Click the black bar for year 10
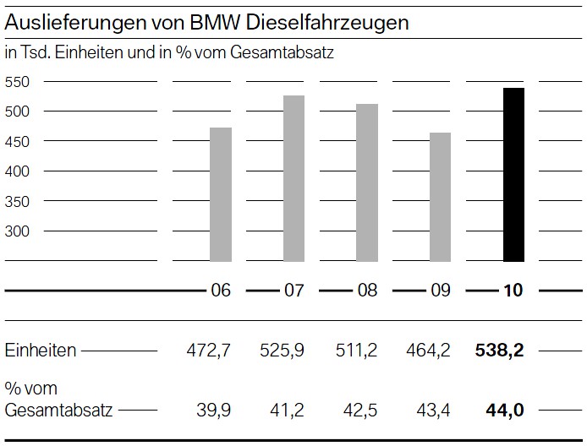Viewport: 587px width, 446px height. (x=513, y=175)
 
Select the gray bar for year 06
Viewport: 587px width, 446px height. (x=220, y=194)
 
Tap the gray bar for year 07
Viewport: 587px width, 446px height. (x=293, y=178)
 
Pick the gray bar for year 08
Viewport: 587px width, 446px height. (x=367, y=182)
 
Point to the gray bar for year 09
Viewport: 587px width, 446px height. (x=440, y=197)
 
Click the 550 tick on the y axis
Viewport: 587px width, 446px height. (x=17, y=82)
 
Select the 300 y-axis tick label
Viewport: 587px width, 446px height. (x=17, y=231)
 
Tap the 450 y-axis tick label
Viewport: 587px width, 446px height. (x=17, y=141)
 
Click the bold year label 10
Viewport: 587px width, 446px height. (x=513, y=291)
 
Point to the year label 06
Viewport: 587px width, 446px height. (x=220, y=291)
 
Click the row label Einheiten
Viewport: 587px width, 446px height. (x=41, y=350)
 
